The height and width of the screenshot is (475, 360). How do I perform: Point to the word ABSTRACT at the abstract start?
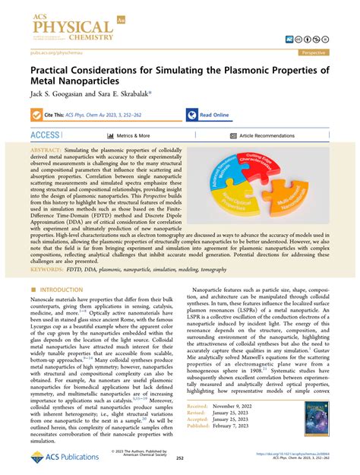[x=47, y=151]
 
